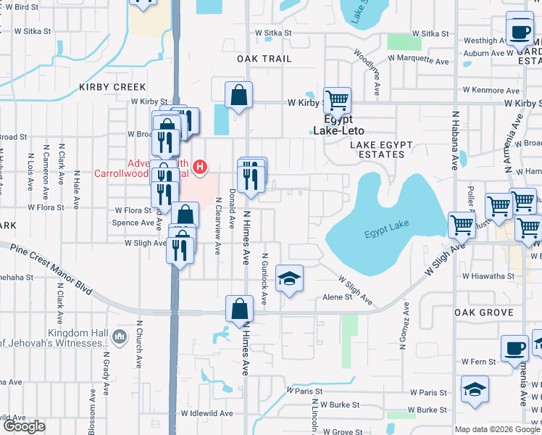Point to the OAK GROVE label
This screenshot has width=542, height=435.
[484, 312]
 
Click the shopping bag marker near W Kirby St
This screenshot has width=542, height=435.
[238, 94]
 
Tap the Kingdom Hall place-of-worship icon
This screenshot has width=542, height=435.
[120, 337]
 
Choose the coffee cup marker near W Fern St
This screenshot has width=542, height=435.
[514, 348]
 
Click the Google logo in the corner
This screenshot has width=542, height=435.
[24, 426]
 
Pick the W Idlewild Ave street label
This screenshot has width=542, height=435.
[207, 413]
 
